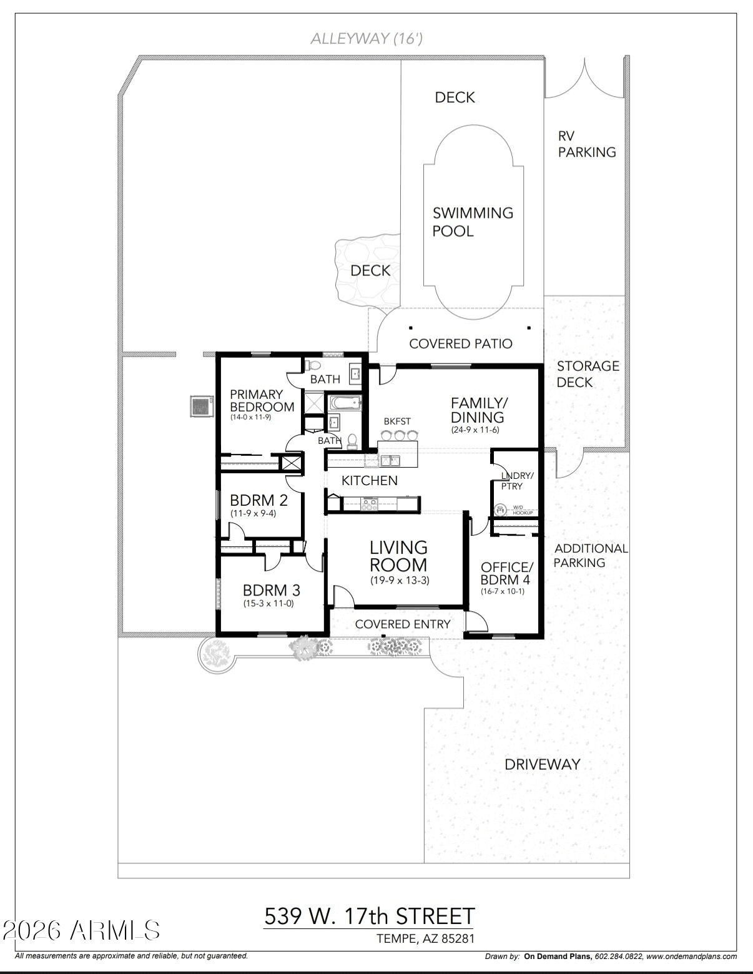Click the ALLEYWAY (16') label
pos(367,39)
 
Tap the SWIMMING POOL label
pos(473,222)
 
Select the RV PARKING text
pos(586,144)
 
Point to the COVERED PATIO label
pos(460,344)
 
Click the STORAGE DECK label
pos(588,374)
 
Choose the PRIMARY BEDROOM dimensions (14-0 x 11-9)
pos(250,417)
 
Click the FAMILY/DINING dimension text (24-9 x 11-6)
pos(475,430)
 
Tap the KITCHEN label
pos(370,481)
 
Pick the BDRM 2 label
pos(258,500)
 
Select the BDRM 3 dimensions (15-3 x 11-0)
pos(268,604)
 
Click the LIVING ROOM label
pos(398,556)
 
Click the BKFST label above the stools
pos(397,422)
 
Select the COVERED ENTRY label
pos(403,624)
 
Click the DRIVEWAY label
pos(543,764)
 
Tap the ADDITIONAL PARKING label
pos(591,556)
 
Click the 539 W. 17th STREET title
pos(370,917)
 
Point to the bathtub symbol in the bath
pos(345,403)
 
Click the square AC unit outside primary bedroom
pos(201,406)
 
